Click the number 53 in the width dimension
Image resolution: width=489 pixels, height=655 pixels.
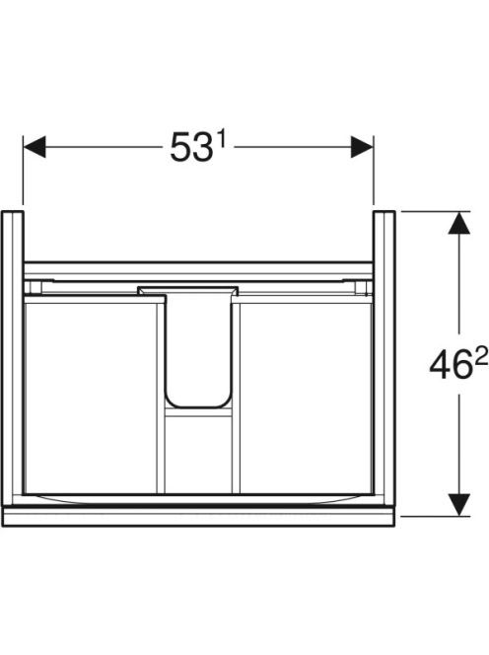pyautogui.click(x=191, y=147)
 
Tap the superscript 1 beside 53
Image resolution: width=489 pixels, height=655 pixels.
pyautogui.click(x=221, y=138)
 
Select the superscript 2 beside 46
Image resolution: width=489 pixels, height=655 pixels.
pyautogui.click(x=481, y=357)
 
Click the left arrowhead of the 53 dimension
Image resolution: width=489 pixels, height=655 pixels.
pyautogui.click(x=35, y=147)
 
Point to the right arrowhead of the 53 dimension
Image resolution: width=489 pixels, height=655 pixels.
pyautogui.click(x=362, y=147)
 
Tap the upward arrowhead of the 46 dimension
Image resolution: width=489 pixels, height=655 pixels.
pyautogui.click(x=459, y=223)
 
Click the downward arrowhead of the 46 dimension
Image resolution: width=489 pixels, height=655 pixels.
pyautogui.click(x=459, y=505)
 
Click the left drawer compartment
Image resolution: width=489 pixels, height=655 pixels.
pyautogui.click(x=91, y=398)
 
